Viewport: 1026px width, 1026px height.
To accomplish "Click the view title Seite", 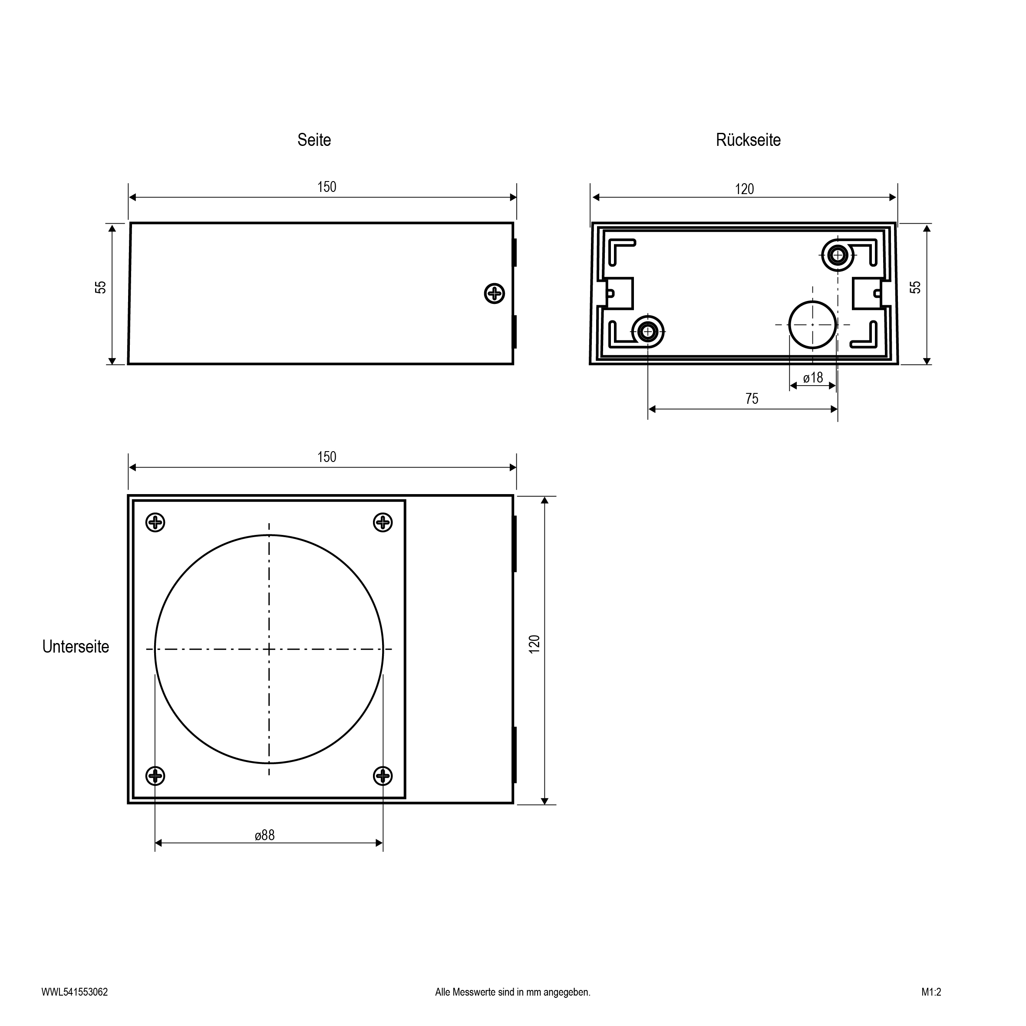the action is (x=314, y=140).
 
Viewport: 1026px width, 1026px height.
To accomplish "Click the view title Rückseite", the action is (x=748, y=140).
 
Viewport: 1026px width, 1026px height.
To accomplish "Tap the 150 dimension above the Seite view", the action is (x=327, y=187).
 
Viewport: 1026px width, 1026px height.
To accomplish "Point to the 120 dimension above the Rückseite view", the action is (x=744, y=189).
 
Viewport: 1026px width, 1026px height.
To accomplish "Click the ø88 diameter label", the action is (x=264, y=835).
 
